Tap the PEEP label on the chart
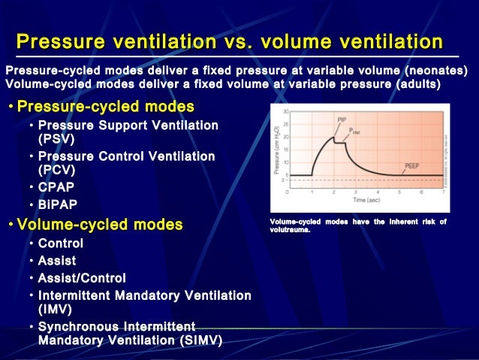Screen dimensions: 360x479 click(412, 164)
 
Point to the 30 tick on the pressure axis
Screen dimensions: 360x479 click(285, 112)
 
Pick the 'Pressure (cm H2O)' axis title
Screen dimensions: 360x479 click(276, 150)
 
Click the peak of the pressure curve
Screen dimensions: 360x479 click(333, 136)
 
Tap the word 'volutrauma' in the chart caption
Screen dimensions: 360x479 click(290, 230)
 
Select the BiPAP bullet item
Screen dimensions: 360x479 click(58, 204)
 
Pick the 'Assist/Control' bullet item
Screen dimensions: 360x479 click(82, 278)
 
